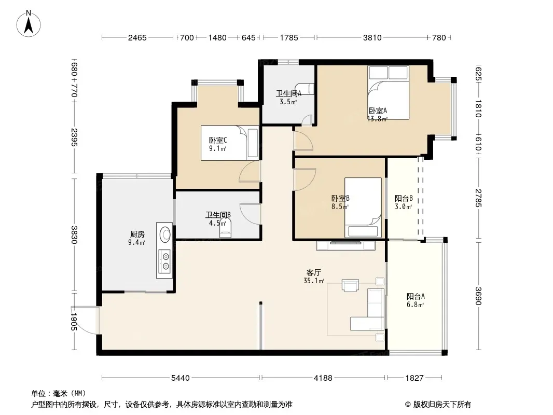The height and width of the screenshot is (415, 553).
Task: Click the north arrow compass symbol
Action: point(29,24)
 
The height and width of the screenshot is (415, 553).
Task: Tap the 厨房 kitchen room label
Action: point(137,234)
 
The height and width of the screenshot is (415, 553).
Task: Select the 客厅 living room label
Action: point(313,272)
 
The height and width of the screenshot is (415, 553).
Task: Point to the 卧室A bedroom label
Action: point(378,110)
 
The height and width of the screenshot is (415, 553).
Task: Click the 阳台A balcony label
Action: point(416,297)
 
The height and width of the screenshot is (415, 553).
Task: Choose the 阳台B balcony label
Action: point(404,199)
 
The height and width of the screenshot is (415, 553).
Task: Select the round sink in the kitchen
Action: point(165,234)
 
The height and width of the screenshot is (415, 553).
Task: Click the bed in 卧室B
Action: point(363,208)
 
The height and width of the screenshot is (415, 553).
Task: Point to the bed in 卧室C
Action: point(230,143)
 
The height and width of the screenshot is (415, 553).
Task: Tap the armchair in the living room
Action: point(350,285)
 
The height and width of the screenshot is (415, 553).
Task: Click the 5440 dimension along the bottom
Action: point(180,378)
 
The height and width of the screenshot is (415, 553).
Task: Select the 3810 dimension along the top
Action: point(372,38)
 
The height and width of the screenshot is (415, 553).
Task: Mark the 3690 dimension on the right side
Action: point(478,296)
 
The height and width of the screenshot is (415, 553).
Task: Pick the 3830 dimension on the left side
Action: point(74,234)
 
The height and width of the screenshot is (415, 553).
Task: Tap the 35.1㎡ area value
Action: point(313,281)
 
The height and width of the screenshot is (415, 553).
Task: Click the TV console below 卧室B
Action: point(345,245)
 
